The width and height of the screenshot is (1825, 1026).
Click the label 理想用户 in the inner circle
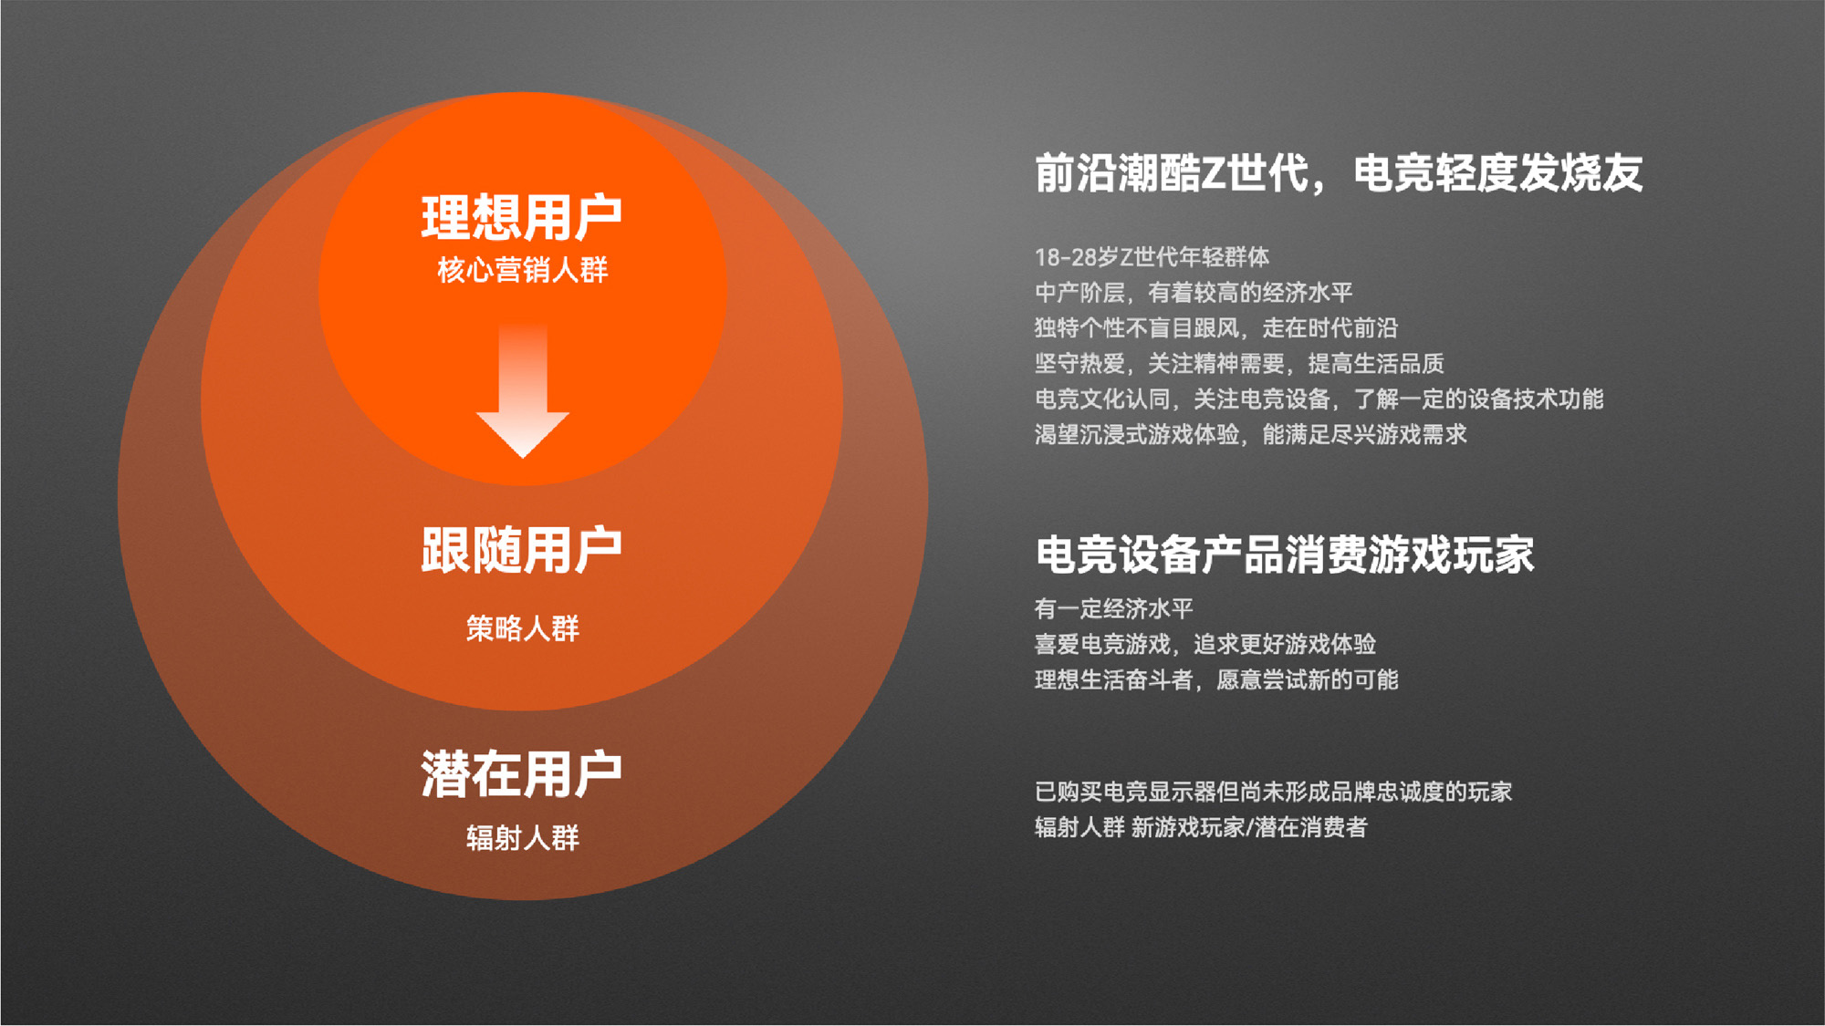[522, 217]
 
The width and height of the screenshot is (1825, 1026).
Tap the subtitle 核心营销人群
[522, 270]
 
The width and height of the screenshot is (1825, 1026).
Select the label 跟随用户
[522, 550]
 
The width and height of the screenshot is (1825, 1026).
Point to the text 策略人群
[522, 628]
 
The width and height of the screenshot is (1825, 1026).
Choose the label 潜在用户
[522, 774]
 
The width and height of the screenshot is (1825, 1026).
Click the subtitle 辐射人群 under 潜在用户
[522, 837]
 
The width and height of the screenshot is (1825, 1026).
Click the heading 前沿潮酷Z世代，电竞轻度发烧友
[1339, 173]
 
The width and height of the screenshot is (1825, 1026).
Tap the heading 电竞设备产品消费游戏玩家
[1285, 554]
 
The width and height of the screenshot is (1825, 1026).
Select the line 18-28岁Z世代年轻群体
[1152, 257]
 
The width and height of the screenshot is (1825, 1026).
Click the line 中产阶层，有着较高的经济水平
[1194, 293]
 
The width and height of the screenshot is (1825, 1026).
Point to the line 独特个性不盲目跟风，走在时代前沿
[1216, 328]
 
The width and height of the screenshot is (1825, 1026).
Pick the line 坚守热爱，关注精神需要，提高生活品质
[1239, 364]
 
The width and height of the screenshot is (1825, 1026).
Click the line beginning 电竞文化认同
[1319, 399]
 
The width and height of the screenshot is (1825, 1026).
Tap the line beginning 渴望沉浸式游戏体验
[1251, 435]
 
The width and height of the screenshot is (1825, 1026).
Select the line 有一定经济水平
[1114, 608]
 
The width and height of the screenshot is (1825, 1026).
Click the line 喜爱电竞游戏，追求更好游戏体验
[1205, 644]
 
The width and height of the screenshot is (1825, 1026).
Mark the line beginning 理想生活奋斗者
[1216, 679]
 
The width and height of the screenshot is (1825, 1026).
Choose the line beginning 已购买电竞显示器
[1273, 792]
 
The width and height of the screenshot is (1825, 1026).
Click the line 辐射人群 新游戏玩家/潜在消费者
[1201, 827]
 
